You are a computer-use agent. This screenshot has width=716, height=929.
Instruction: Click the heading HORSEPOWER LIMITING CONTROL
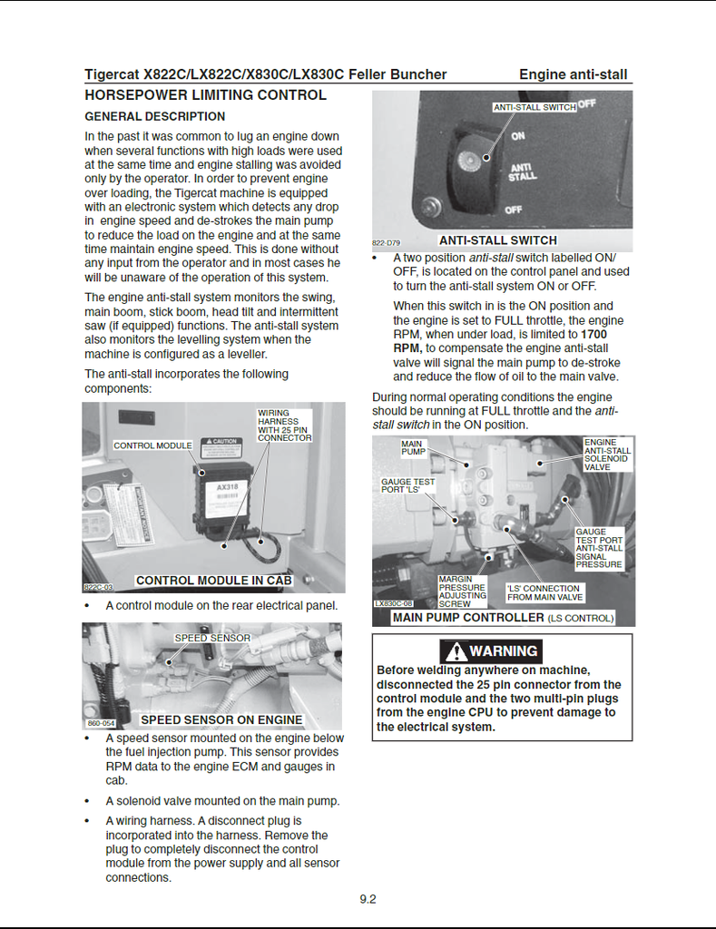coord(205,95)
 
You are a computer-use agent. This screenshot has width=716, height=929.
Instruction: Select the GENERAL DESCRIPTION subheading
coord(154,116)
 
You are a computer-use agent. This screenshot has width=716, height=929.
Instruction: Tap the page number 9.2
coord(368,899)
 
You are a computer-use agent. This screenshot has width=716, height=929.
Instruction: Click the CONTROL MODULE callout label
coord(152,445)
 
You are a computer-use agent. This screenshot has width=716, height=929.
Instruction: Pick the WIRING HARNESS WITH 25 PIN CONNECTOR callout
coord(284,425)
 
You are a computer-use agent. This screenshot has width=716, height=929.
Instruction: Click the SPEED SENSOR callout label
coord(212,638)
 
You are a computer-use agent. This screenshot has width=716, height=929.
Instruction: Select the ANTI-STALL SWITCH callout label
coord(535,107)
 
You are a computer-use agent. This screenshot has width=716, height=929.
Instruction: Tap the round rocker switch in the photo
coord(473,161)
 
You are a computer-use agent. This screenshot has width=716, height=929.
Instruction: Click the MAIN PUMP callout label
coord(413,447)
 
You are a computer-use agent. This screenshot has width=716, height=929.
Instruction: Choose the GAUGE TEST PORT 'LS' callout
coord(407,485)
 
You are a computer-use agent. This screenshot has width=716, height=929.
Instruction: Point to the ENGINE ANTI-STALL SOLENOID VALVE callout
coord(607,455)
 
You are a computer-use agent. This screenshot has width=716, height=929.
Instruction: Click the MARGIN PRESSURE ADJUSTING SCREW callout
coord(461,591)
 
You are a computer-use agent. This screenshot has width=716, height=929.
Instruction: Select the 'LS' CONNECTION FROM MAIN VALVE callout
coord(544,592)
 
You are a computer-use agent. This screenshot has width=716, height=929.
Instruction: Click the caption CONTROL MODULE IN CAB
coord(213,581)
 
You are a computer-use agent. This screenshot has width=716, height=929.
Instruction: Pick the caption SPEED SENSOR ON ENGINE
coord(221,720)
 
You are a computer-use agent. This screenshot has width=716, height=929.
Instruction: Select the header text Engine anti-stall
coord(573,74)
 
